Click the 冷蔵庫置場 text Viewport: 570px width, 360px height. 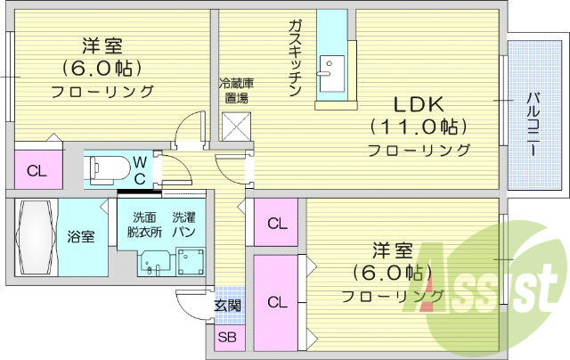[236, 92]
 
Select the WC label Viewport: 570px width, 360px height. [141, 168]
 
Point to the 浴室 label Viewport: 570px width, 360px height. [81, 237]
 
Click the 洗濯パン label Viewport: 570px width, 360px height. [185, 225]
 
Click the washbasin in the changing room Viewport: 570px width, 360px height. [152, 263]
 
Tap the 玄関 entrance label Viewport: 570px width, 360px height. [226, 306]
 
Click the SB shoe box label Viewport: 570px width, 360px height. [227, 338]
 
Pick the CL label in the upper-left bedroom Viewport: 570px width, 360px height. [36, 171]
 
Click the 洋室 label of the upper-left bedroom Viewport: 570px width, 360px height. [102, 45]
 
